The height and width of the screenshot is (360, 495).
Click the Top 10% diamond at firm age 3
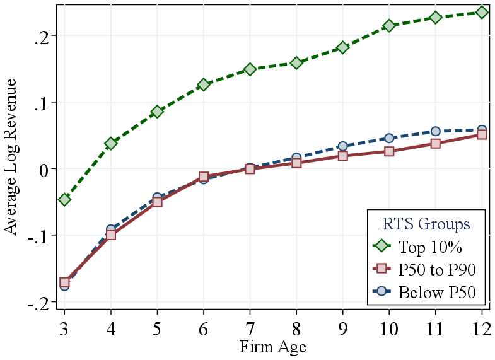(64, 199)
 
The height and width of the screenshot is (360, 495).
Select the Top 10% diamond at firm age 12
(482, 12)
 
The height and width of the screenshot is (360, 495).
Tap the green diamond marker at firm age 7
(250, 69)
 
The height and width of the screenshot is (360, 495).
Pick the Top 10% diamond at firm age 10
(389, 26)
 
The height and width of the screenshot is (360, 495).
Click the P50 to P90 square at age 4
(111, 235)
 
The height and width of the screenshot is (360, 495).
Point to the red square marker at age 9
(343, 156)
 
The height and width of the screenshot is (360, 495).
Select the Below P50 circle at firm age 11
(436, 131)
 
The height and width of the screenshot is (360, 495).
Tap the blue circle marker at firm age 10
(389, 138)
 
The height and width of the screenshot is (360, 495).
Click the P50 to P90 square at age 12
(482, 134)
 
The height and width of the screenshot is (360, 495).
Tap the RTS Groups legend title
(426, 224)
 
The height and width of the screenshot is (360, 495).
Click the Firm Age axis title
(272, 347)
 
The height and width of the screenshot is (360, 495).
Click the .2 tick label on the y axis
(42, 35)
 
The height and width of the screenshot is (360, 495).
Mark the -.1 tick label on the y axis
(39, 236)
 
